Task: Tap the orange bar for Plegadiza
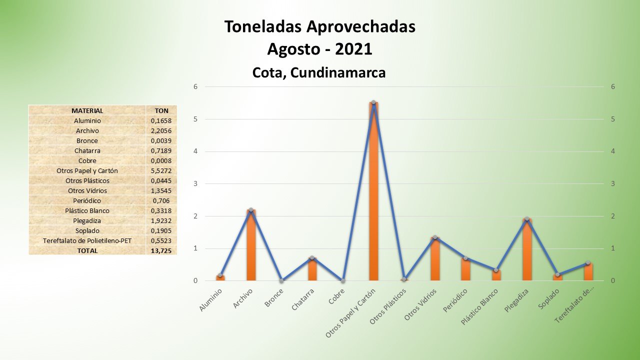click(526, 250)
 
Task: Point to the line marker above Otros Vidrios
click(435, 237)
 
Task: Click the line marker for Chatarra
click(312, 258)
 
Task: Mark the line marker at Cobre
click(343, 280)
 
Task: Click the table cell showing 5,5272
click(161, 170)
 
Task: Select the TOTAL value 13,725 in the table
click(161, 250)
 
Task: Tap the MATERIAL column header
click(87, 110)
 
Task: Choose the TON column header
click(161, 110)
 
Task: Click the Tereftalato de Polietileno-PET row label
click(87, 240)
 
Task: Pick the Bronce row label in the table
click(87, 140)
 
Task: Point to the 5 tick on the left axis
click(196, 119)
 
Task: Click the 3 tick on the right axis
click(612, 183)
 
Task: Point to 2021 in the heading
click(353, 49)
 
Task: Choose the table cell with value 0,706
click(161, 200)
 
